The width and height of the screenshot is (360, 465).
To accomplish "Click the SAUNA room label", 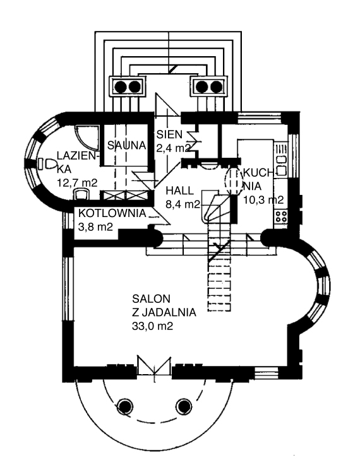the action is pyautogui.click(x=127, y=145).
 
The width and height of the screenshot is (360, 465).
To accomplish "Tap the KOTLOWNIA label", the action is pyautogui.click(x=112, y=213).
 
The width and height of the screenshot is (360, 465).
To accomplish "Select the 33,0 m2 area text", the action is pyautogui.click(x=153, y=326).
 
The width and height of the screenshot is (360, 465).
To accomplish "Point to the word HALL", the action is pyautogui.click(x=180, y=191).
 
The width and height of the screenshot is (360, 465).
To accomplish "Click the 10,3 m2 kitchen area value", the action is pyautogui.click(x=263, y=199).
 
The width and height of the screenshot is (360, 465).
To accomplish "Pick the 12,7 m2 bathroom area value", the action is pyautogui.click(x=77, y=183).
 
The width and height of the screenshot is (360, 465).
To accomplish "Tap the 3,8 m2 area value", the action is pyautogui.click(x=95, y=227).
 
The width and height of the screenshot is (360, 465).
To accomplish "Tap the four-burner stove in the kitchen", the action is pyautogui.click(x=281, y=216).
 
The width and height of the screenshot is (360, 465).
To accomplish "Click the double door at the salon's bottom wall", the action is pyautogui.click(x=154, y=367).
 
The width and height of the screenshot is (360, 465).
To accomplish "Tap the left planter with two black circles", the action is pyautogui.click(x=128, y=86).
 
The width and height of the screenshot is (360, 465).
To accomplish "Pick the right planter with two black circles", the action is pyautogui.click(x=208, y=86).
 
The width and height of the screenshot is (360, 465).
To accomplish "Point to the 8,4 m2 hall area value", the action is pyautogui.click(x=183, y=204).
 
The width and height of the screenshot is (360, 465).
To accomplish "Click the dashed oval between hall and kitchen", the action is pyautogui.click(x=234, y=182).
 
